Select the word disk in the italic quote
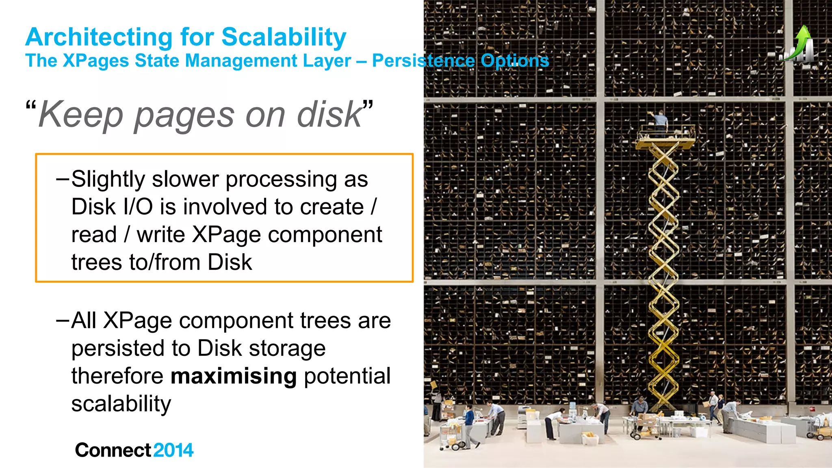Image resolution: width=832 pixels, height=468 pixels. (329, 115)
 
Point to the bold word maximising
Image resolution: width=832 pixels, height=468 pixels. (234, 376)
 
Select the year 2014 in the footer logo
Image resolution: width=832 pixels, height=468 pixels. (173, 450)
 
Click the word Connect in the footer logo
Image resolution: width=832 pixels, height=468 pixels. (113, 450)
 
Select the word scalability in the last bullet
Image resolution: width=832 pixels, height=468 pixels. (121, 404)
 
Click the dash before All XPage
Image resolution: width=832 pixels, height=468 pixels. (63, 321)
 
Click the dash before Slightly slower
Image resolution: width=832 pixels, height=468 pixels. (63, 179)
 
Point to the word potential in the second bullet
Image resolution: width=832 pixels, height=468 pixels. (347, 376)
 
